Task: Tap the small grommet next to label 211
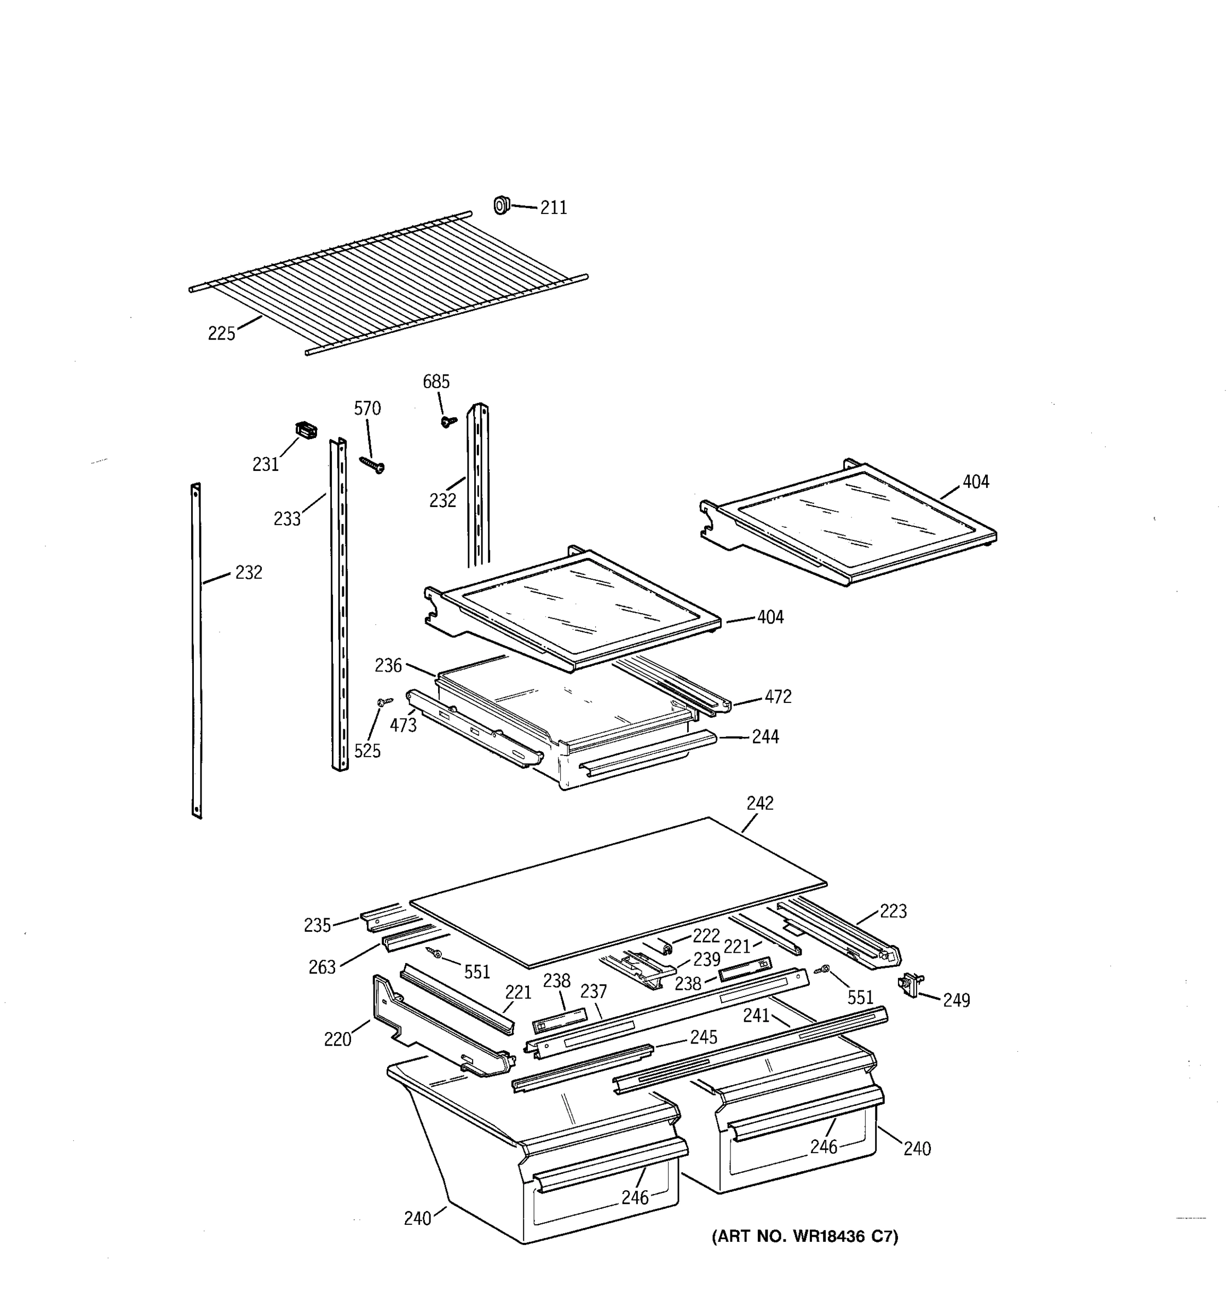tap(501, 205)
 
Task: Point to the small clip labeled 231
tap(306, 430)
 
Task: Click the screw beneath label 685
tap(449, 420)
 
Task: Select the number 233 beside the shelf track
tap(287, 520)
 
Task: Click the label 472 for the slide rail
tap(778, 696)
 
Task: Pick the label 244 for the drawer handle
tap(765, 737)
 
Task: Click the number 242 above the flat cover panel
tap(759, 803)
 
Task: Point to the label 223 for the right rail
tap(893, 912)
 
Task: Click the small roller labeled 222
tap(666, 948)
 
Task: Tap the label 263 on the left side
tap(322, 967)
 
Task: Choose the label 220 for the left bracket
tap(337, 1040)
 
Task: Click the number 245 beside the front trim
tap(703, 1037)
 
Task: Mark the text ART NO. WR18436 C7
tap(804, 1236)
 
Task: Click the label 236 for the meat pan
tap(388, 666)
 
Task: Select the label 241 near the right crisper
tap(756, 1015)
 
